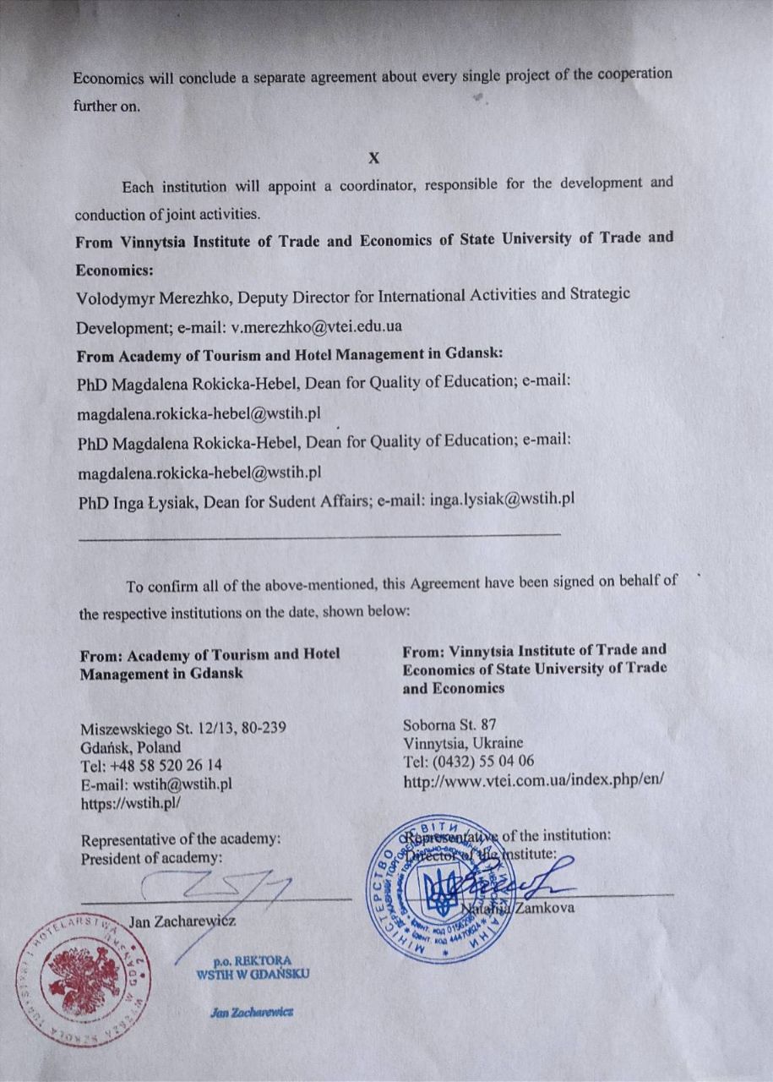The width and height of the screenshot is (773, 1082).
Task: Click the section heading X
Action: point(374,158)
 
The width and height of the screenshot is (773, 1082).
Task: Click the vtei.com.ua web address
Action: point(534,779)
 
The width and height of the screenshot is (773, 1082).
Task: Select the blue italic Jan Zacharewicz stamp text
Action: point(251,1012)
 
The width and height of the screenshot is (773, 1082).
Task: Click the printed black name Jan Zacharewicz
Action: point(182,920)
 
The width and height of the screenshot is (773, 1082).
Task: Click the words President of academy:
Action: point(151,858)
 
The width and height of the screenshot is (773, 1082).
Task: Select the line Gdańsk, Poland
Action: point(130,747)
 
